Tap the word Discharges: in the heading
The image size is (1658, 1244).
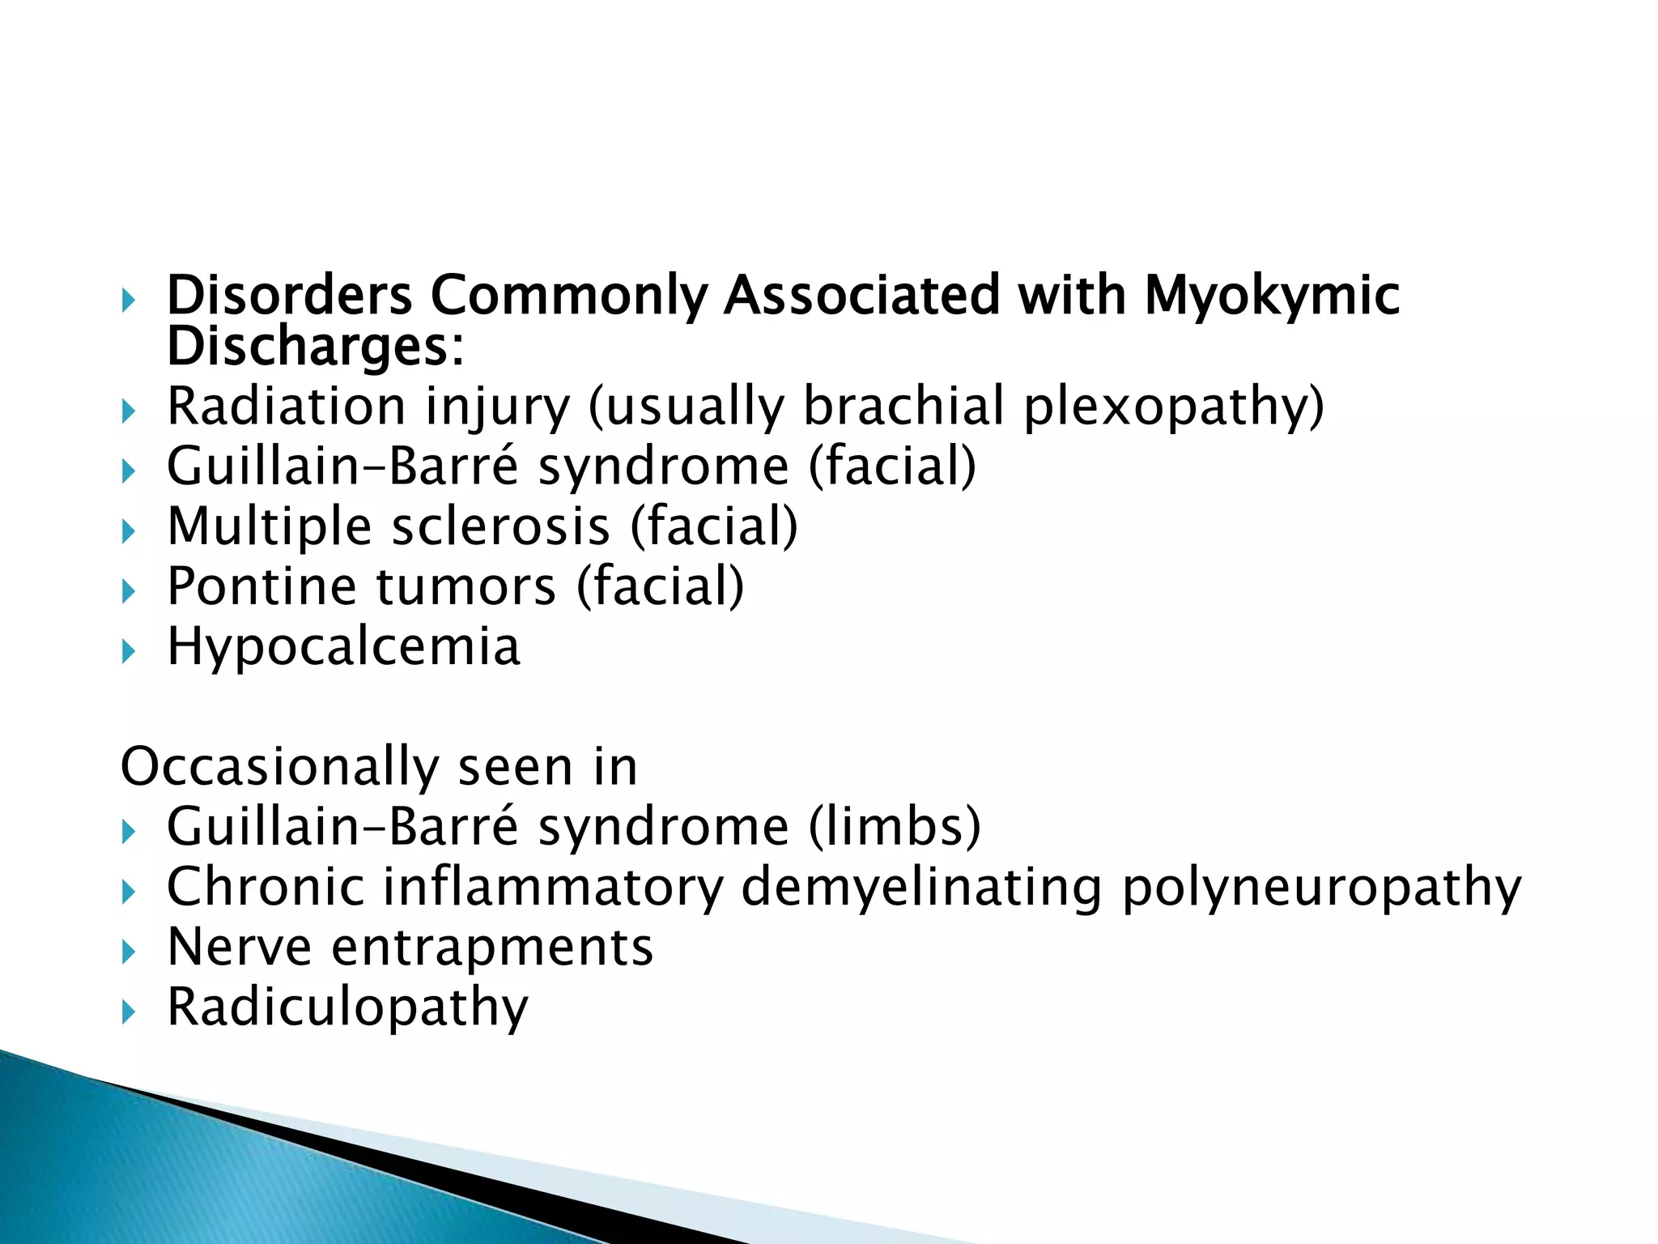point(315,347)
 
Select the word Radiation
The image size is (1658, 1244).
point(286,406)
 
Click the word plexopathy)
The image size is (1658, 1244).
point(1174,407)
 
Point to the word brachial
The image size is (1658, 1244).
point(903,406)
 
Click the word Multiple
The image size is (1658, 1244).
point(269,527)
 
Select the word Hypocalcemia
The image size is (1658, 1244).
point(343,648)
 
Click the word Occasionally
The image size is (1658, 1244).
point(278,768)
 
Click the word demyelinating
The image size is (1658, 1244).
point(921,888)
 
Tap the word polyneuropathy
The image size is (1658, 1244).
point(1321,888)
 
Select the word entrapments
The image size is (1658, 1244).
point(492,948)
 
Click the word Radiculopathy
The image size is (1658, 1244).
point(347,1008)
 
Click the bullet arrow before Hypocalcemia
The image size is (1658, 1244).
point(128,650)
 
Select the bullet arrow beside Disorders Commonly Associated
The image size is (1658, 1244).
point(128,301)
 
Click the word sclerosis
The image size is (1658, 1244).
point(500,527)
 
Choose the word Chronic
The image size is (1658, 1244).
point(266,888)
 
